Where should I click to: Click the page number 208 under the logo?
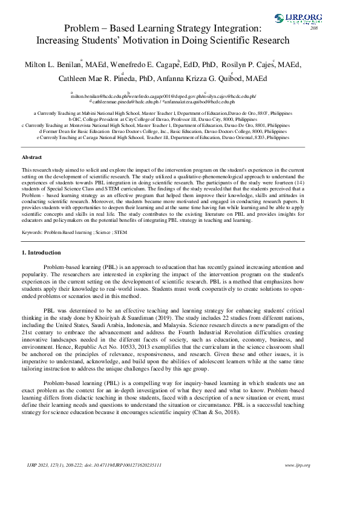(x=314, y=28)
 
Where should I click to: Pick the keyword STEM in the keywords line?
(x=121, y=232)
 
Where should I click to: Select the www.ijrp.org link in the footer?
(x=297, y=482)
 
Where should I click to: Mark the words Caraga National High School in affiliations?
(x=108, y=137)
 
